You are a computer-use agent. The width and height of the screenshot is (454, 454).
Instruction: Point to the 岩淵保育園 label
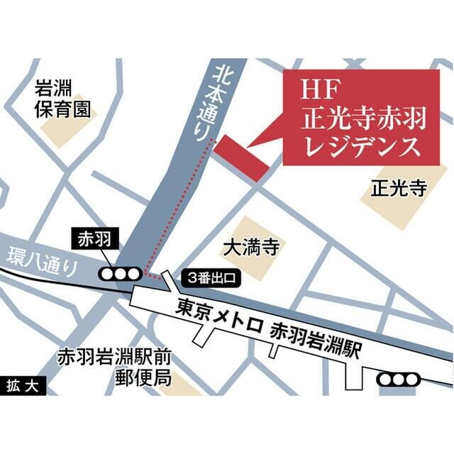(65, 99)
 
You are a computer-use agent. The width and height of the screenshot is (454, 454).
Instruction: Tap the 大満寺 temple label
(248, 249)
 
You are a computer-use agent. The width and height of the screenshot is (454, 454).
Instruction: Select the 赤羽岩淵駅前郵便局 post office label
(116, 365)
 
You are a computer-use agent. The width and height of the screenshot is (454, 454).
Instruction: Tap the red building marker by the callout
(242, 156)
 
